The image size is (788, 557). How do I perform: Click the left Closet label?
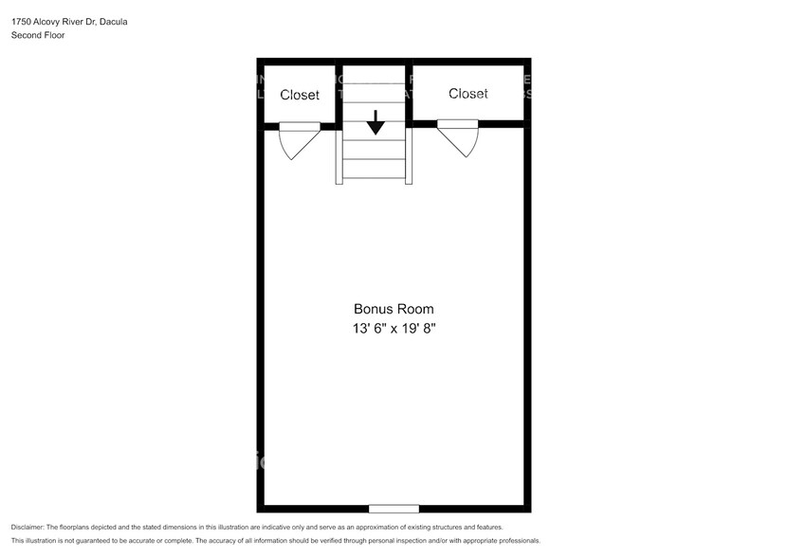[x=300, y=95]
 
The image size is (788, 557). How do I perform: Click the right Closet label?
[x=468, y=93]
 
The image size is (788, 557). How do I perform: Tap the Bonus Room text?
[x=394, y=309]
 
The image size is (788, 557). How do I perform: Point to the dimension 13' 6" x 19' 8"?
[x=394, y=329]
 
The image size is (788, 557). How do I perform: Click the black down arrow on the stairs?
[x=376, y=122]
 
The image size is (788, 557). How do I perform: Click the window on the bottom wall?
[x=394, y=509]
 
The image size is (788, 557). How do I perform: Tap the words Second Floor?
[x=38, y=35]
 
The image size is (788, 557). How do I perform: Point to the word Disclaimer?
[x=27, y=527]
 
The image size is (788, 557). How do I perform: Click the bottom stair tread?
[x=376, y=171]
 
